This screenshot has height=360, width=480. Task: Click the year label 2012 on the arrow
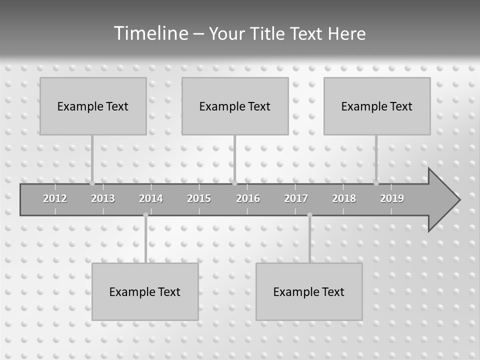pyautogui.click(x=55, y=198)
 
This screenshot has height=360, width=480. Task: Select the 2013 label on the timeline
pyautogui.click(x=103, y=198)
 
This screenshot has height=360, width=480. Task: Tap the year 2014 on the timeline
pyautogui.click(x=151, y=198)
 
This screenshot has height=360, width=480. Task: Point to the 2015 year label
pyautogui.click(x=199, y=198)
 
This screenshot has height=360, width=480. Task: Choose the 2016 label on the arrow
pyautogui.click(x=248, y=198)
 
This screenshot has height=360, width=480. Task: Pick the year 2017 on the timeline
pyautogui.click(x=296, y=198)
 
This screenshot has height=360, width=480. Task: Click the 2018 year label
pyautogui.click(x=344, y=198)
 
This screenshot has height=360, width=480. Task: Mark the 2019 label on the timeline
pyautogui.click(x=392, y=198)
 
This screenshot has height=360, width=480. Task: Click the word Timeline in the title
pyautogui.click(x=150, y=33)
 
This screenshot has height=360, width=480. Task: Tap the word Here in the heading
pyautogui.click(x=347, y=33)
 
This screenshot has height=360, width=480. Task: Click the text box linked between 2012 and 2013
pyautogui.click(x=93, y=106)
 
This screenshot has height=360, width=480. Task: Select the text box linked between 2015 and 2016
pyautogui.click(x=235, y=106)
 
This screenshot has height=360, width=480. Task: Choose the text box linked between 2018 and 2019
pyautogui.click(x=377, y=106)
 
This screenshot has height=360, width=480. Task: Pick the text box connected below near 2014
pyautogui.click(x=145, y=291)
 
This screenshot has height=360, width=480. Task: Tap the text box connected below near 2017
pyautogui.click(x=309, y=291)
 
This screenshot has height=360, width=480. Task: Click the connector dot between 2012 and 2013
pyautogui.click(x=92, y=183)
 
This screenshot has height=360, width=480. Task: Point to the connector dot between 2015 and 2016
pyautogui.click(x=234, y=183)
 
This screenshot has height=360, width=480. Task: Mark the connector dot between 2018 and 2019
pyautogui.click(x=376, y=183)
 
